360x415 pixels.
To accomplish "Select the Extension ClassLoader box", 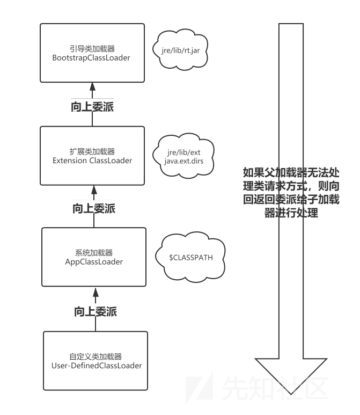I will (x=93, y=155).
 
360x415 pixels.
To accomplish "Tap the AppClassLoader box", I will (x=94, y=257).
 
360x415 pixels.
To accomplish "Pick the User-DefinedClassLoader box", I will (x=95, y=360).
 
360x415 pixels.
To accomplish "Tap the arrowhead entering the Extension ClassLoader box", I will (x=93, y=188).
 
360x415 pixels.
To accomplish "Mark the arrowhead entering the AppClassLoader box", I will (x=95, y=292).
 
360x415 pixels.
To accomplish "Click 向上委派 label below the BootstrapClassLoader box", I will (x=93, y=107).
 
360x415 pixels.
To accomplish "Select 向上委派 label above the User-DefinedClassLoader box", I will (x=95, y=311).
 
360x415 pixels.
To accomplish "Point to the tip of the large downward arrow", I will (x=290, y=394).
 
